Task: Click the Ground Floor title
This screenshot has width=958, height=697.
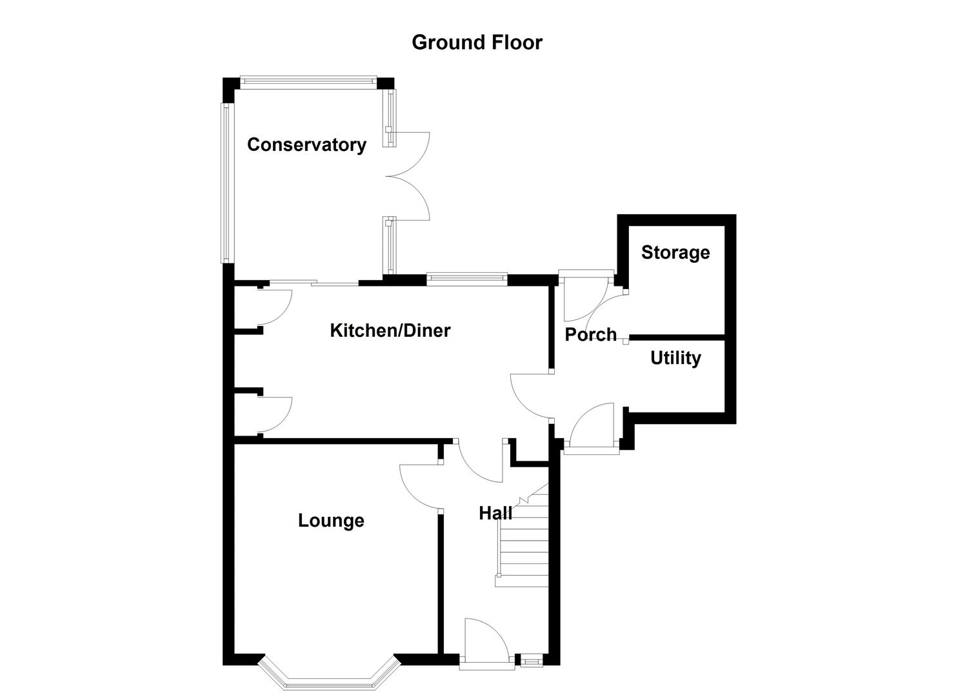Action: [x=477, y=43]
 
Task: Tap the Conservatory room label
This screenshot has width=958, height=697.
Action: [x=306, y=145]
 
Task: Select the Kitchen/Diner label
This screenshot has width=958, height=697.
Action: [x=390, y=330]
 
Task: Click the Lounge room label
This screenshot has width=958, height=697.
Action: [x=331, y=521]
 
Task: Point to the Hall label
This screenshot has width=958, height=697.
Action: [x=495, y=513]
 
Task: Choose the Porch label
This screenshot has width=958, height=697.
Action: [x=590, y=334]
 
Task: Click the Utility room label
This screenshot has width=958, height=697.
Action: [x=675, y=358]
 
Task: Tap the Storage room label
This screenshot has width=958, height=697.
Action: [x=675, y=252]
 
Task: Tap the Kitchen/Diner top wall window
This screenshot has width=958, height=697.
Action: [x=466, y=278]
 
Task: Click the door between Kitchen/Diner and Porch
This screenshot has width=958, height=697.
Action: [x=530, y=396]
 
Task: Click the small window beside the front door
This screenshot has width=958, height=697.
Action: [x=532, y=660]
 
